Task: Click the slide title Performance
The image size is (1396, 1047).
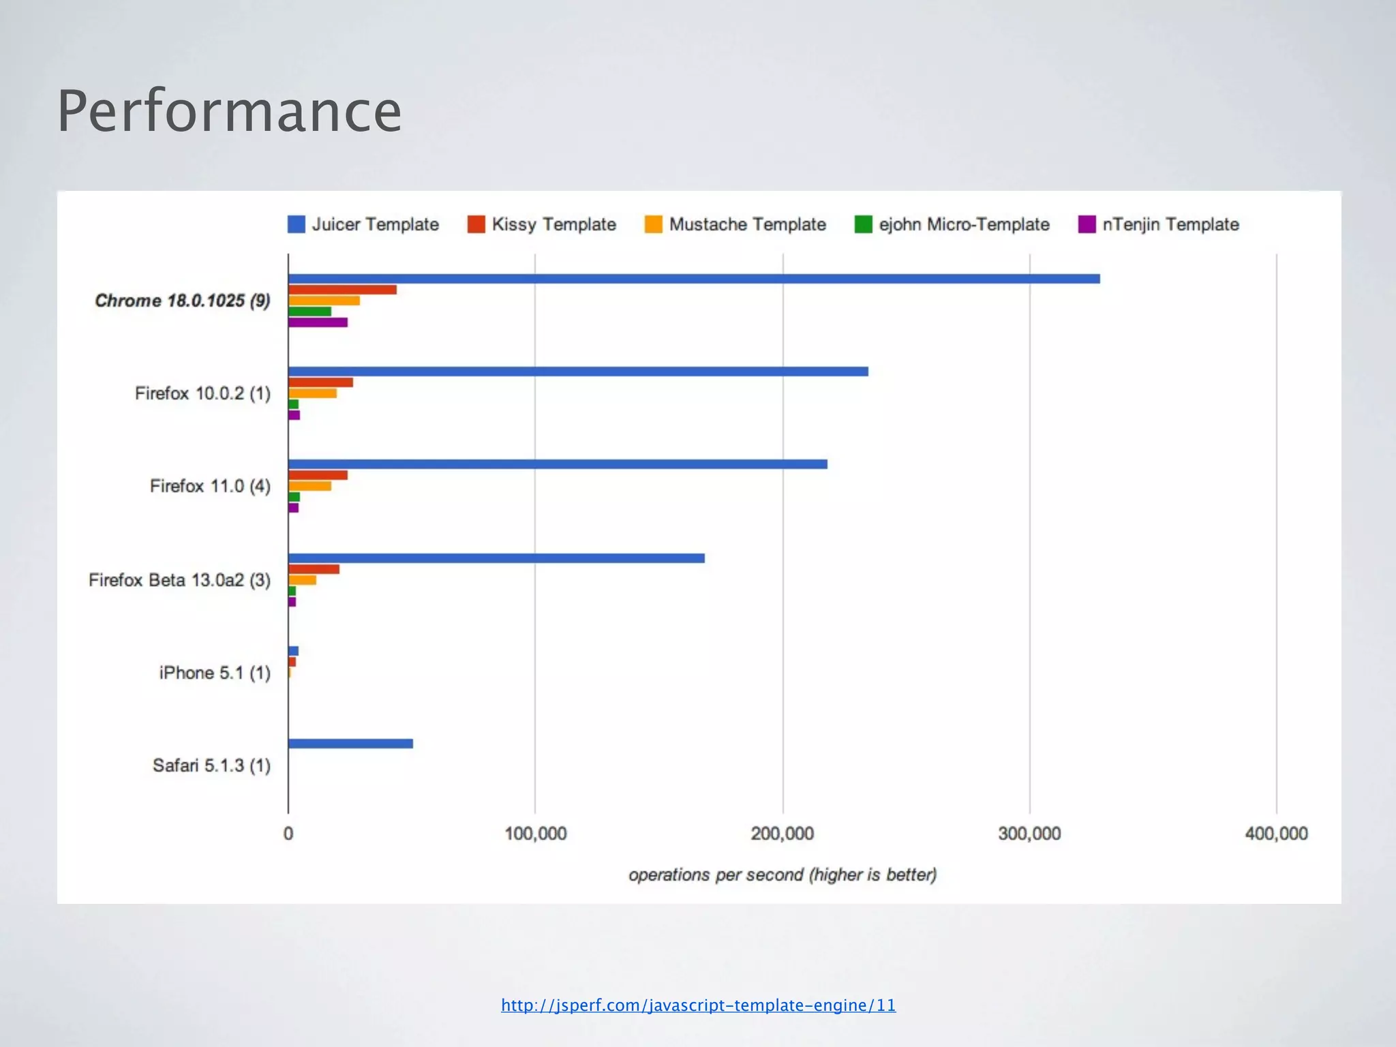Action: [229, 111]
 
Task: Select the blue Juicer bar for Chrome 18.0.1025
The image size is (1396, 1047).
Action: [693, 279]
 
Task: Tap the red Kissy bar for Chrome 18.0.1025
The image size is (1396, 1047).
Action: [342, 290]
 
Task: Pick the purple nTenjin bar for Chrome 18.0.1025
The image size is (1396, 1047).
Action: [318, 322]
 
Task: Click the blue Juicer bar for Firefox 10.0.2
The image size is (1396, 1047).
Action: [578, 371]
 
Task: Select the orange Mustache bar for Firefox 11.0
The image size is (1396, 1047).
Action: [309, 486]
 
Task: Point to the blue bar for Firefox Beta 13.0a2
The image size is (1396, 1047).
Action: [496, 558]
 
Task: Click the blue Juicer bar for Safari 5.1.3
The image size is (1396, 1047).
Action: [350, 744]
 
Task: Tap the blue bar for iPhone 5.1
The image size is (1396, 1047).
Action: [293, 651]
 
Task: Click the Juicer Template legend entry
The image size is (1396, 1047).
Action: [363, 224]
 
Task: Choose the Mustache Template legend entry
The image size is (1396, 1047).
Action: [735, 224]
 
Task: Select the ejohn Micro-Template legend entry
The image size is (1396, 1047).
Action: [952, 224]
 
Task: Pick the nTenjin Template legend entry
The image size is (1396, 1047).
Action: [1159, 224]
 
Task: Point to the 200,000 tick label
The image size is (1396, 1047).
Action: [783, 834]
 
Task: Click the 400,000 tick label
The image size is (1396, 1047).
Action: [1276, 834]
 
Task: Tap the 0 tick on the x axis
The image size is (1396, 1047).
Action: [288, 834]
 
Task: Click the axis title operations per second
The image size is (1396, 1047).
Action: [783, 875]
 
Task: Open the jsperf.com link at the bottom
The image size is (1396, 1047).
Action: [698, 1005]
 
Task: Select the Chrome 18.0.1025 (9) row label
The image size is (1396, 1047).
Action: [183, 301]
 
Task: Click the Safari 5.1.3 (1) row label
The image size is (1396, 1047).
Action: [211, 765]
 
